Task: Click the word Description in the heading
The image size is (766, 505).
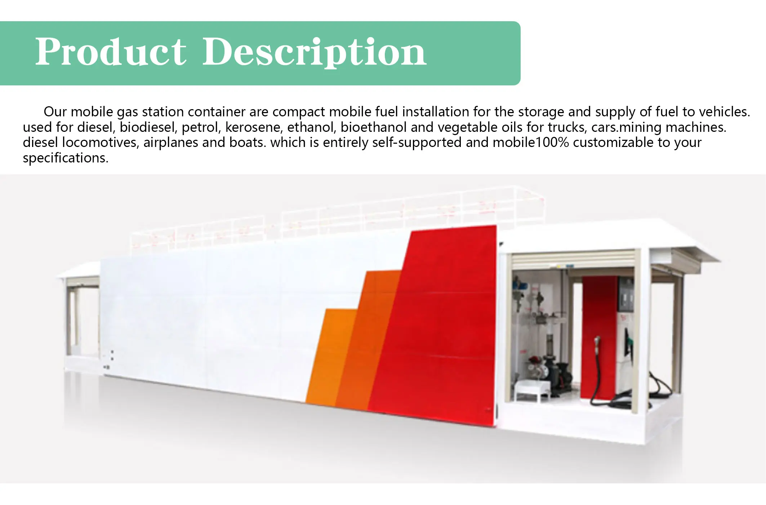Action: [314, 53]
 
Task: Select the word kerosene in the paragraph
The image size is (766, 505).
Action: [254, 127]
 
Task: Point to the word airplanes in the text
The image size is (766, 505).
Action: [170, 143]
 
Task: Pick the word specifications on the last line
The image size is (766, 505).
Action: [65, 158]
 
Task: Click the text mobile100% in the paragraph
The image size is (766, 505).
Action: [530, 143]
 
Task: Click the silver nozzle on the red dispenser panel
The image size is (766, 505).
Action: [597, 342]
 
